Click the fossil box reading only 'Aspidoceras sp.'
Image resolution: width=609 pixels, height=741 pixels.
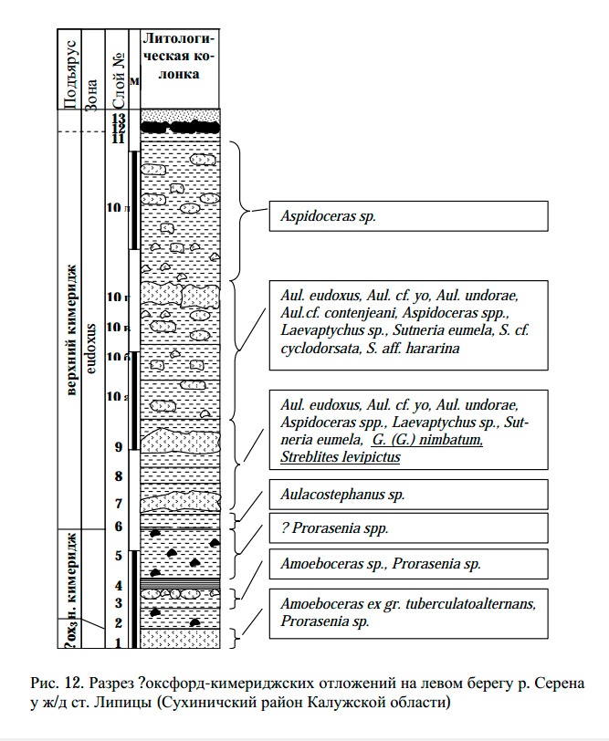(407, 216)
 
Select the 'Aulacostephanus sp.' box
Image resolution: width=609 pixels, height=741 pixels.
(407, 494)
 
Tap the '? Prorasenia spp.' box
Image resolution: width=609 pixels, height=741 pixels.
(407, 528)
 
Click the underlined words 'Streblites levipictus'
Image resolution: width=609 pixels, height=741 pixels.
(341, 457)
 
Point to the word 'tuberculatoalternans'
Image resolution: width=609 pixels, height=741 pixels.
(465, 604)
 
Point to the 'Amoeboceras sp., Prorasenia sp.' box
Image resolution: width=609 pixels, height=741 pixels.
(407, 564)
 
